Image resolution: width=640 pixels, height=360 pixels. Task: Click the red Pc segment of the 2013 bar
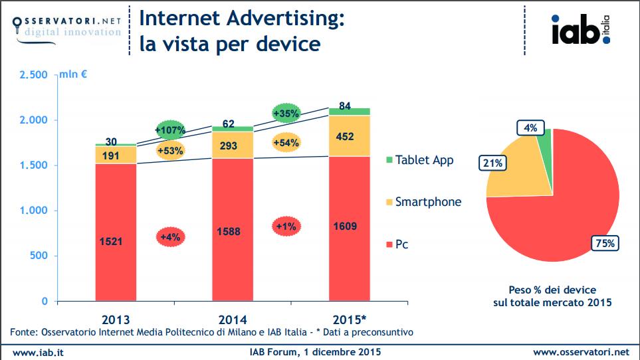tap(116, 232)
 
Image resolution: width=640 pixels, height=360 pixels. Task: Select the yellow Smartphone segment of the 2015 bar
tap(350, 135)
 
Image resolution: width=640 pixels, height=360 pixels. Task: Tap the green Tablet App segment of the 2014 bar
tap(233, 129)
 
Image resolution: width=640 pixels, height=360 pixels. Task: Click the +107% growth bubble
tap(170, 130)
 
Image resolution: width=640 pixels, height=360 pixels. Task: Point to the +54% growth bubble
tap(286, 143)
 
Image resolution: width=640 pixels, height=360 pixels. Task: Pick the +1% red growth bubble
tap(286, 226)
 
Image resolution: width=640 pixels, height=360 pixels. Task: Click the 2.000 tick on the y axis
tap(33, 120)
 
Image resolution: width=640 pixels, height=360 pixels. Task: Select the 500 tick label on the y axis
tap(39, 256)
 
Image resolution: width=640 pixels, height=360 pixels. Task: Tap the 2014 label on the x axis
tap(233, 319)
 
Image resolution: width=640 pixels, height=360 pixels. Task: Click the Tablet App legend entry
tap(420, 160)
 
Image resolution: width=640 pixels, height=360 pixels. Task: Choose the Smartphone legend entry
tap(423, 202)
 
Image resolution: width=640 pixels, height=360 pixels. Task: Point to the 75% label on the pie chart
tap(605, 243)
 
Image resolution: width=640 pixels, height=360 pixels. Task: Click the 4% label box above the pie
tap(530, 128)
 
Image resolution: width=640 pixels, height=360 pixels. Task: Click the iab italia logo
tap(581, 29)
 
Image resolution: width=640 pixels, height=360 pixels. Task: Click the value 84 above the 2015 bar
tap(345, 106)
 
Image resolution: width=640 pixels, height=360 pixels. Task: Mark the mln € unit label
tap(73, 74)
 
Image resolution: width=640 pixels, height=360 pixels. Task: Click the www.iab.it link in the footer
tap(38, 353)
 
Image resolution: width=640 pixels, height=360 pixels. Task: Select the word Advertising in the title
tap(285, 19)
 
